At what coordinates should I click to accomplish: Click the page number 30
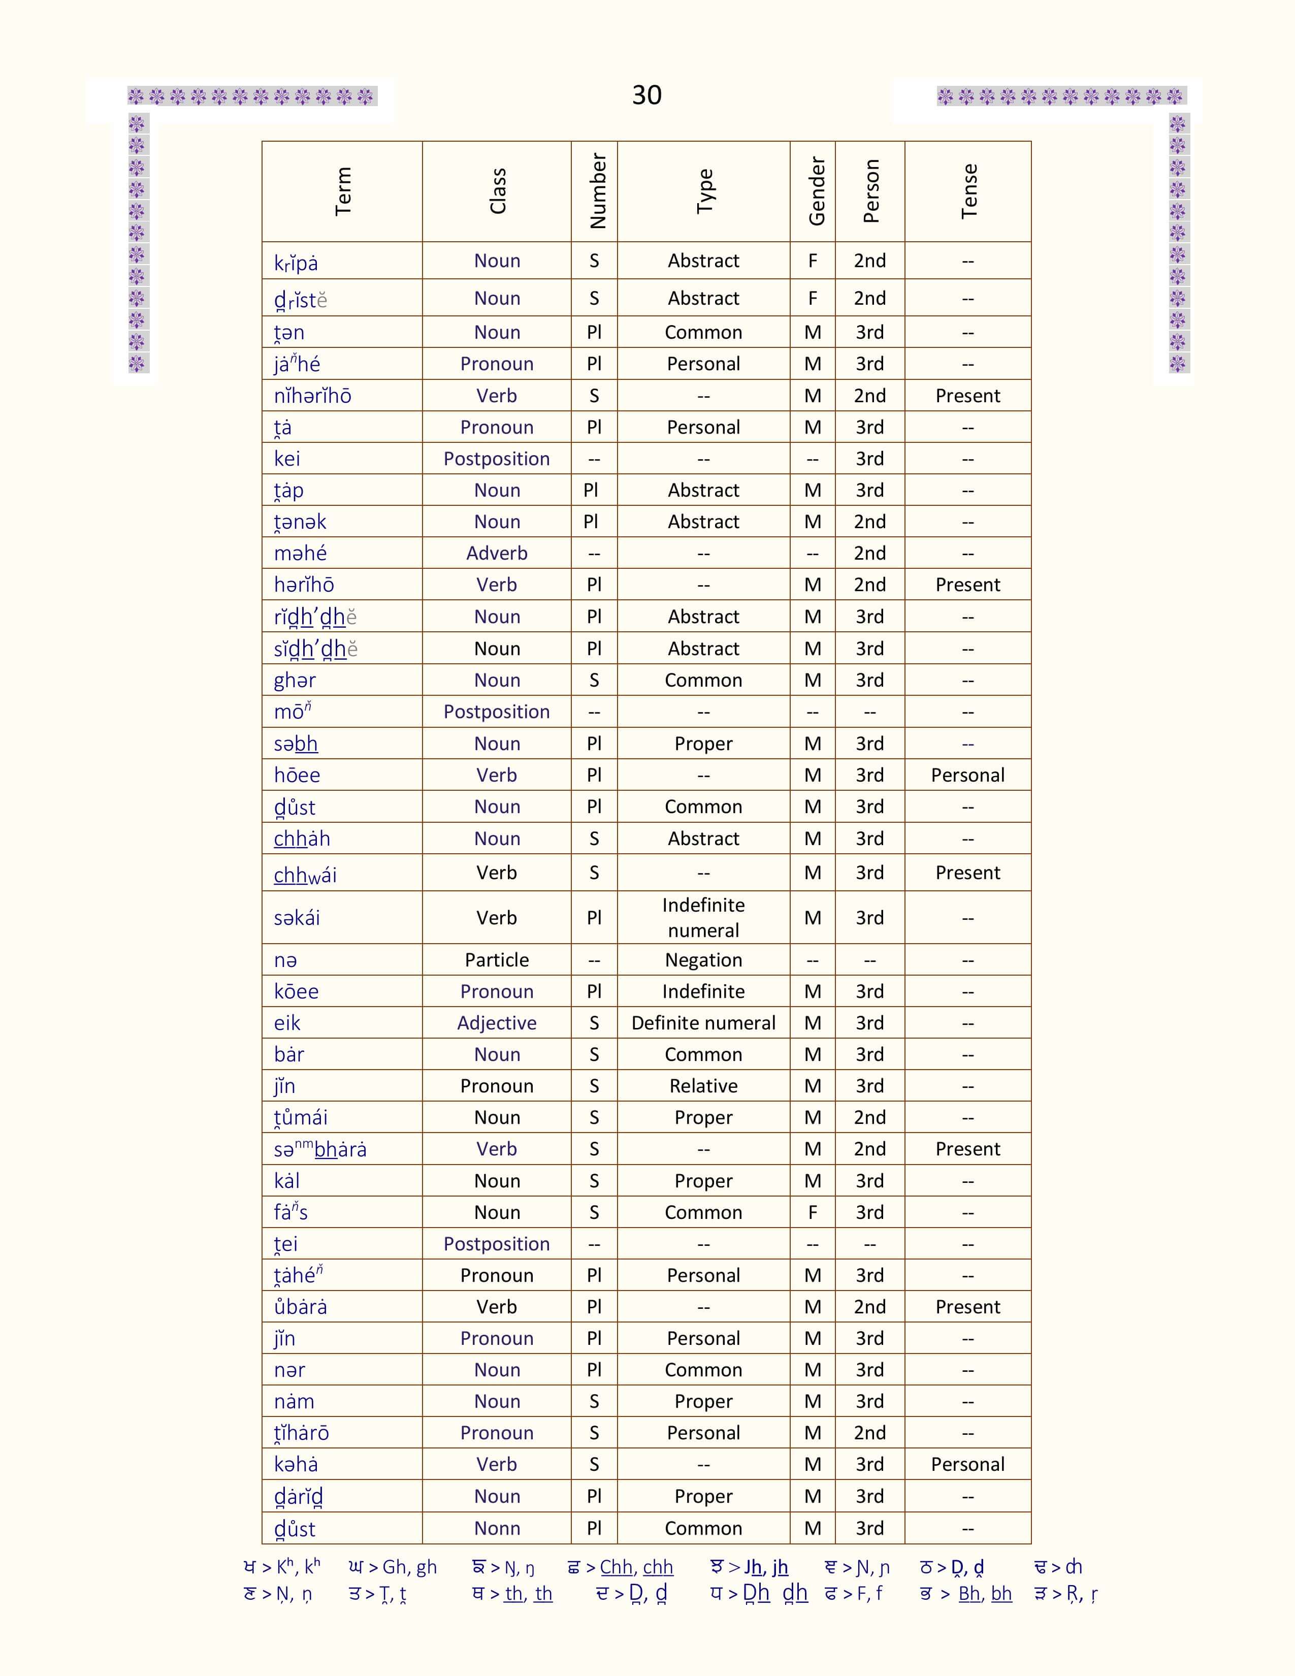coord(646,95)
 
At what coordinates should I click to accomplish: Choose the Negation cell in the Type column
coord(703,960)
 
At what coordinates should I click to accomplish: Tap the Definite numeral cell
coord(703,1023)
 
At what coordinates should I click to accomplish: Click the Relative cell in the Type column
coord(703,1086)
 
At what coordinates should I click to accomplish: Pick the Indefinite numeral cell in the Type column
coord(703,918)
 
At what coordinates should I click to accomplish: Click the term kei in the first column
coord(287,459)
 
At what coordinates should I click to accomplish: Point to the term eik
coord(287,1023)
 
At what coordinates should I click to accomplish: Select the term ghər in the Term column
coord(295,681)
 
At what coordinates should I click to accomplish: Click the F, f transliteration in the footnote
coord(868,1594)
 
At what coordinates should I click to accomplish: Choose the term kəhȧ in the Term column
coord(296,1465)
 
